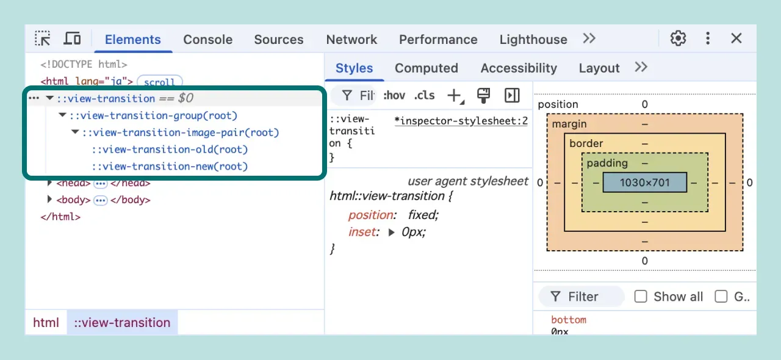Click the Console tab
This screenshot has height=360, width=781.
(207, 40)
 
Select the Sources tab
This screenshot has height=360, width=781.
(279, 40)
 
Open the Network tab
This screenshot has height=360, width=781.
(351, 40)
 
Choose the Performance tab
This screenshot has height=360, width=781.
(438, 40)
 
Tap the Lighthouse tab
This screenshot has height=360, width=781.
(533, 40)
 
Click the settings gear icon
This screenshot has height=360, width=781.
(678, 38)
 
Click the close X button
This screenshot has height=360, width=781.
(736, 38)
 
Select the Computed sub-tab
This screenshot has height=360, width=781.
(426, 68)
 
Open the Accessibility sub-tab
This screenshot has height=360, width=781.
(519, 68)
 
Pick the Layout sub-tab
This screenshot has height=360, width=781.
(599, 68)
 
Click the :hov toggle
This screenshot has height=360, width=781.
(394, 95)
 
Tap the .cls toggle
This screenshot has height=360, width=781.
(424, 95)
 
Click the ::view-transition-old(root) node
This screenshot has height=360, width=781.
(170, 149)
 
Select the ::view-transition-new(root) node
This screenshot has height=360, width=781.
(170, 167)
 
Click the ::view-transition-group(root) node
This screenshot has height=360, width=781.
(153, 115)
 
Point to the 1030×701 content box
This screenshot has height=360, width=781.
(644, 182)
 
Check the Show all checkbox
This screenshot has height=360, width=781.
(641, 297)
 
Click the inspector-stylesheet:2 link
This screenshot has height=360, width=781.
(461, 121)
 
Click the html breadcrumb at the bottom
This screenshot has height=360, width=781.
(46, 323)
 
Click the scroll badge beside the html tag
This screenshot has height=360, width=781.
(159, 82)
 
